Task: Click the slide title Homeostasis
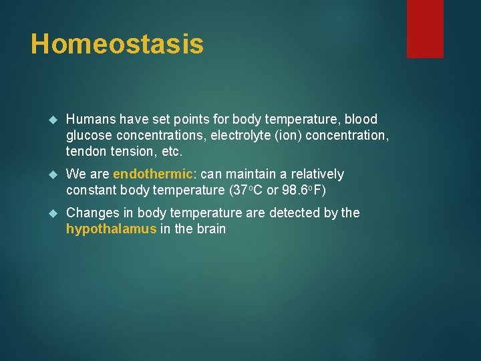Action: coord(117,44)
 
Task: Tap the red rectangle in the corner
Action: coord(425,28)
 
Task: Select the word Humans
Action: coord(91,120)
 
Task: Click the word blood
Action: coord(361,120)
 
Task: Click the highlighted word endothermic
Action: coord(153,174)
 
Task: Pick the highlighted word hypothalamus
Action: coord(111,229)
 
